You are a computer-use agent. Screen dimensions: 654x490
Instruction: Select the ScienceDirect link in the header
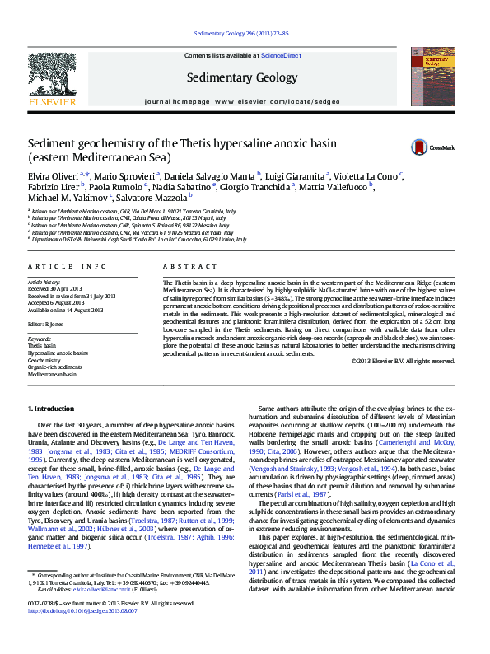281,54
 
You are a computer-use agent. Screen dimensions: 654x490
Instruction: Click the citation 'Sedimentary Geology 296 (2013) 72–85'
240,34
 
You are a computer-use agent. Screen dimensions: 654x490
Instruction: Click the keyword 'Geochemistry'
44,360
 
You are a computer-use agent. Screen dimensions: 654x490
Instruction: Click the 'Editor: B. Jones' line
50,324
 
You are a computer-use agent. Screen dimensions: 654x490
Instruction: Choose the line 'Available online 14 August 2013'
66,310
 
